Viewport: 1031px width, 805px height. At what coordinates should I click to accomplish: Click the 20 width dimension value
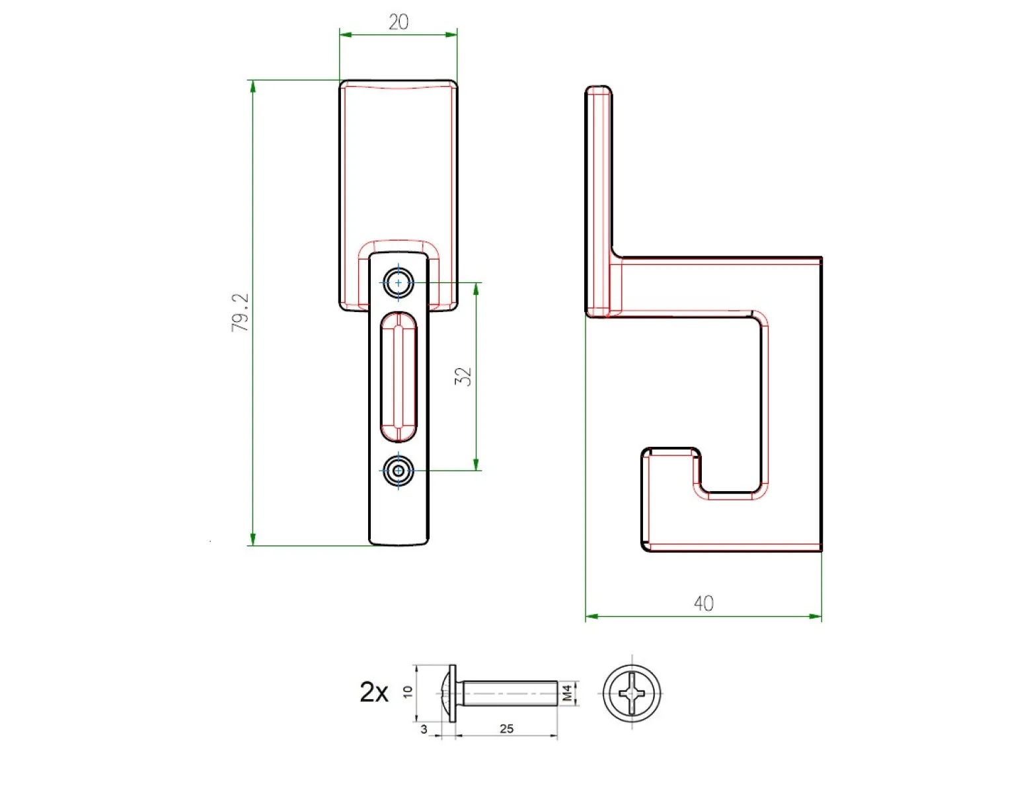[x=398, y=22]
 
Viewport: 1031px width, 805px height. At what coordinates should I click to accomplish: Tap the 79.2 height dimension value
[x=240, y=313]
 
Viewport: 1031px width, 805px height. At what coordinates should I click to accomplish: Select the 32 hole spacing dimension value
[x=463, y=376]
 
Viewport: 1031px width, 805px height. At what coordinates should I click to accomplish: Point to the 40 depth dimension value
[x=703, y=603]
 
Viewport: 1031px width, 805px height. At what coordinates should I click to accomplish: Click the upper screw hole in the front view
[x=398, y=283]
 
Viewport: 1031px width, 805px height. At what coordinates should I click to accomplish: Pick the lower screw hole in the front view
[x=398, y=471]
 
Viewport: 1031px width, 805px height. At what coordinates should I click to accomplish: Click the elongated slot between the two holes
[x=399, y=377]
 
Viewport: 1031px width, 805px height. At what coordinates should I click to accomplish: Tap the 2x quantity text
[x=374, y=692]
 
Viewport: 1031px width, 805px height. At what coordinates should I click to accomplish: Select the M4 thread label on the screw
[x=568, y=693]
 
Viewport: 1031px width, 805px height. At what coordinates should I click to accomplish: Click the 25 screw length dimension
[x=506, y=728]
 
